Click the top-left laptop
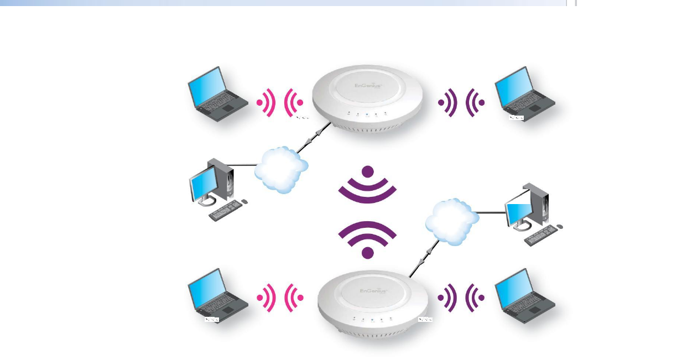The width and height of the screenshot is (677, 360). [x=217, y=95]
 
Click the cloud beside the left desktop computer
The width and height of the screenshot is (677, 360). [x=281, y=169]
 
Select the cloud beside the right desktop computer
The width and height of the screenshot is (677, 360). [x=451, y=222]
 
